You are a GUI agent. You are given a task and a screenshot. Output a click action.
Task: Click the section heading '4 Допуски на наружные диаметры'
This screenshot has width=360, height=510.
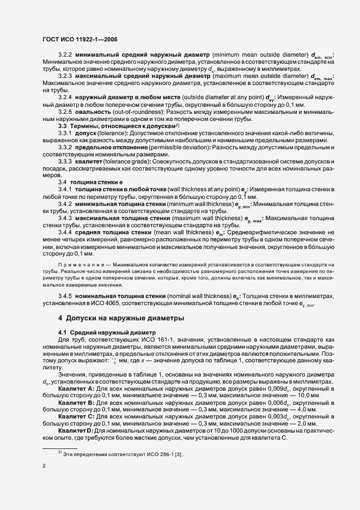121,318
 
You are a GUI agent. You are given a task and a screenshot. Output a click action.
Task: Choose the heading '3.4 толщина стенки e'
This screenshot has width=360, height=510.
88,181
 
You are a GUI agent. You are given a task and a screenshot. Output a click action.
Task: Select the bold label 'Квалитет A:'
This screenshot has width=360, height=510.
77,389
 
